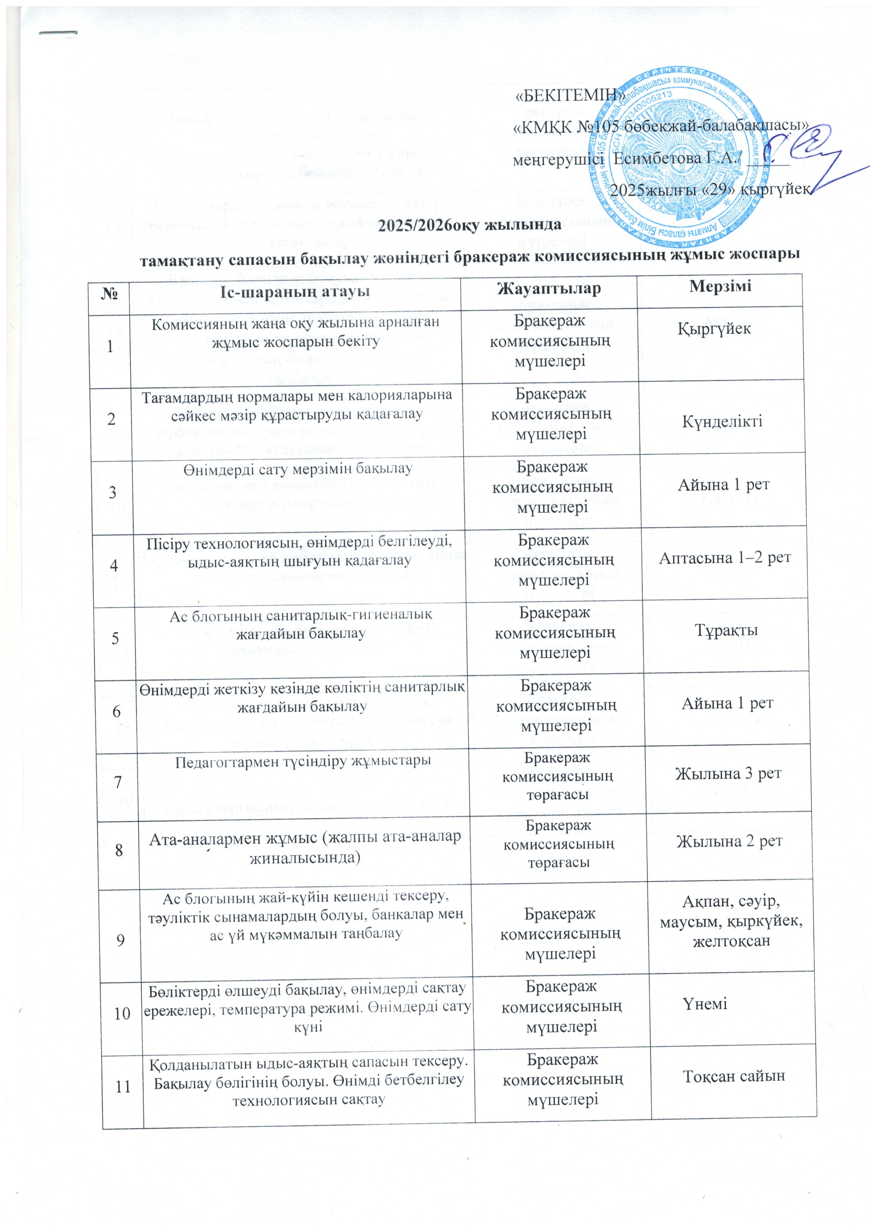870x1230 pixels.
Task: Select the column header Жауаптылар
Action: pyautogui.click(x=549, y=290)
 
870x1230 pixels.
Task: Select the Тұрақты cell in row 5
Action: pyautogui.click(x=726, y=630)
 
